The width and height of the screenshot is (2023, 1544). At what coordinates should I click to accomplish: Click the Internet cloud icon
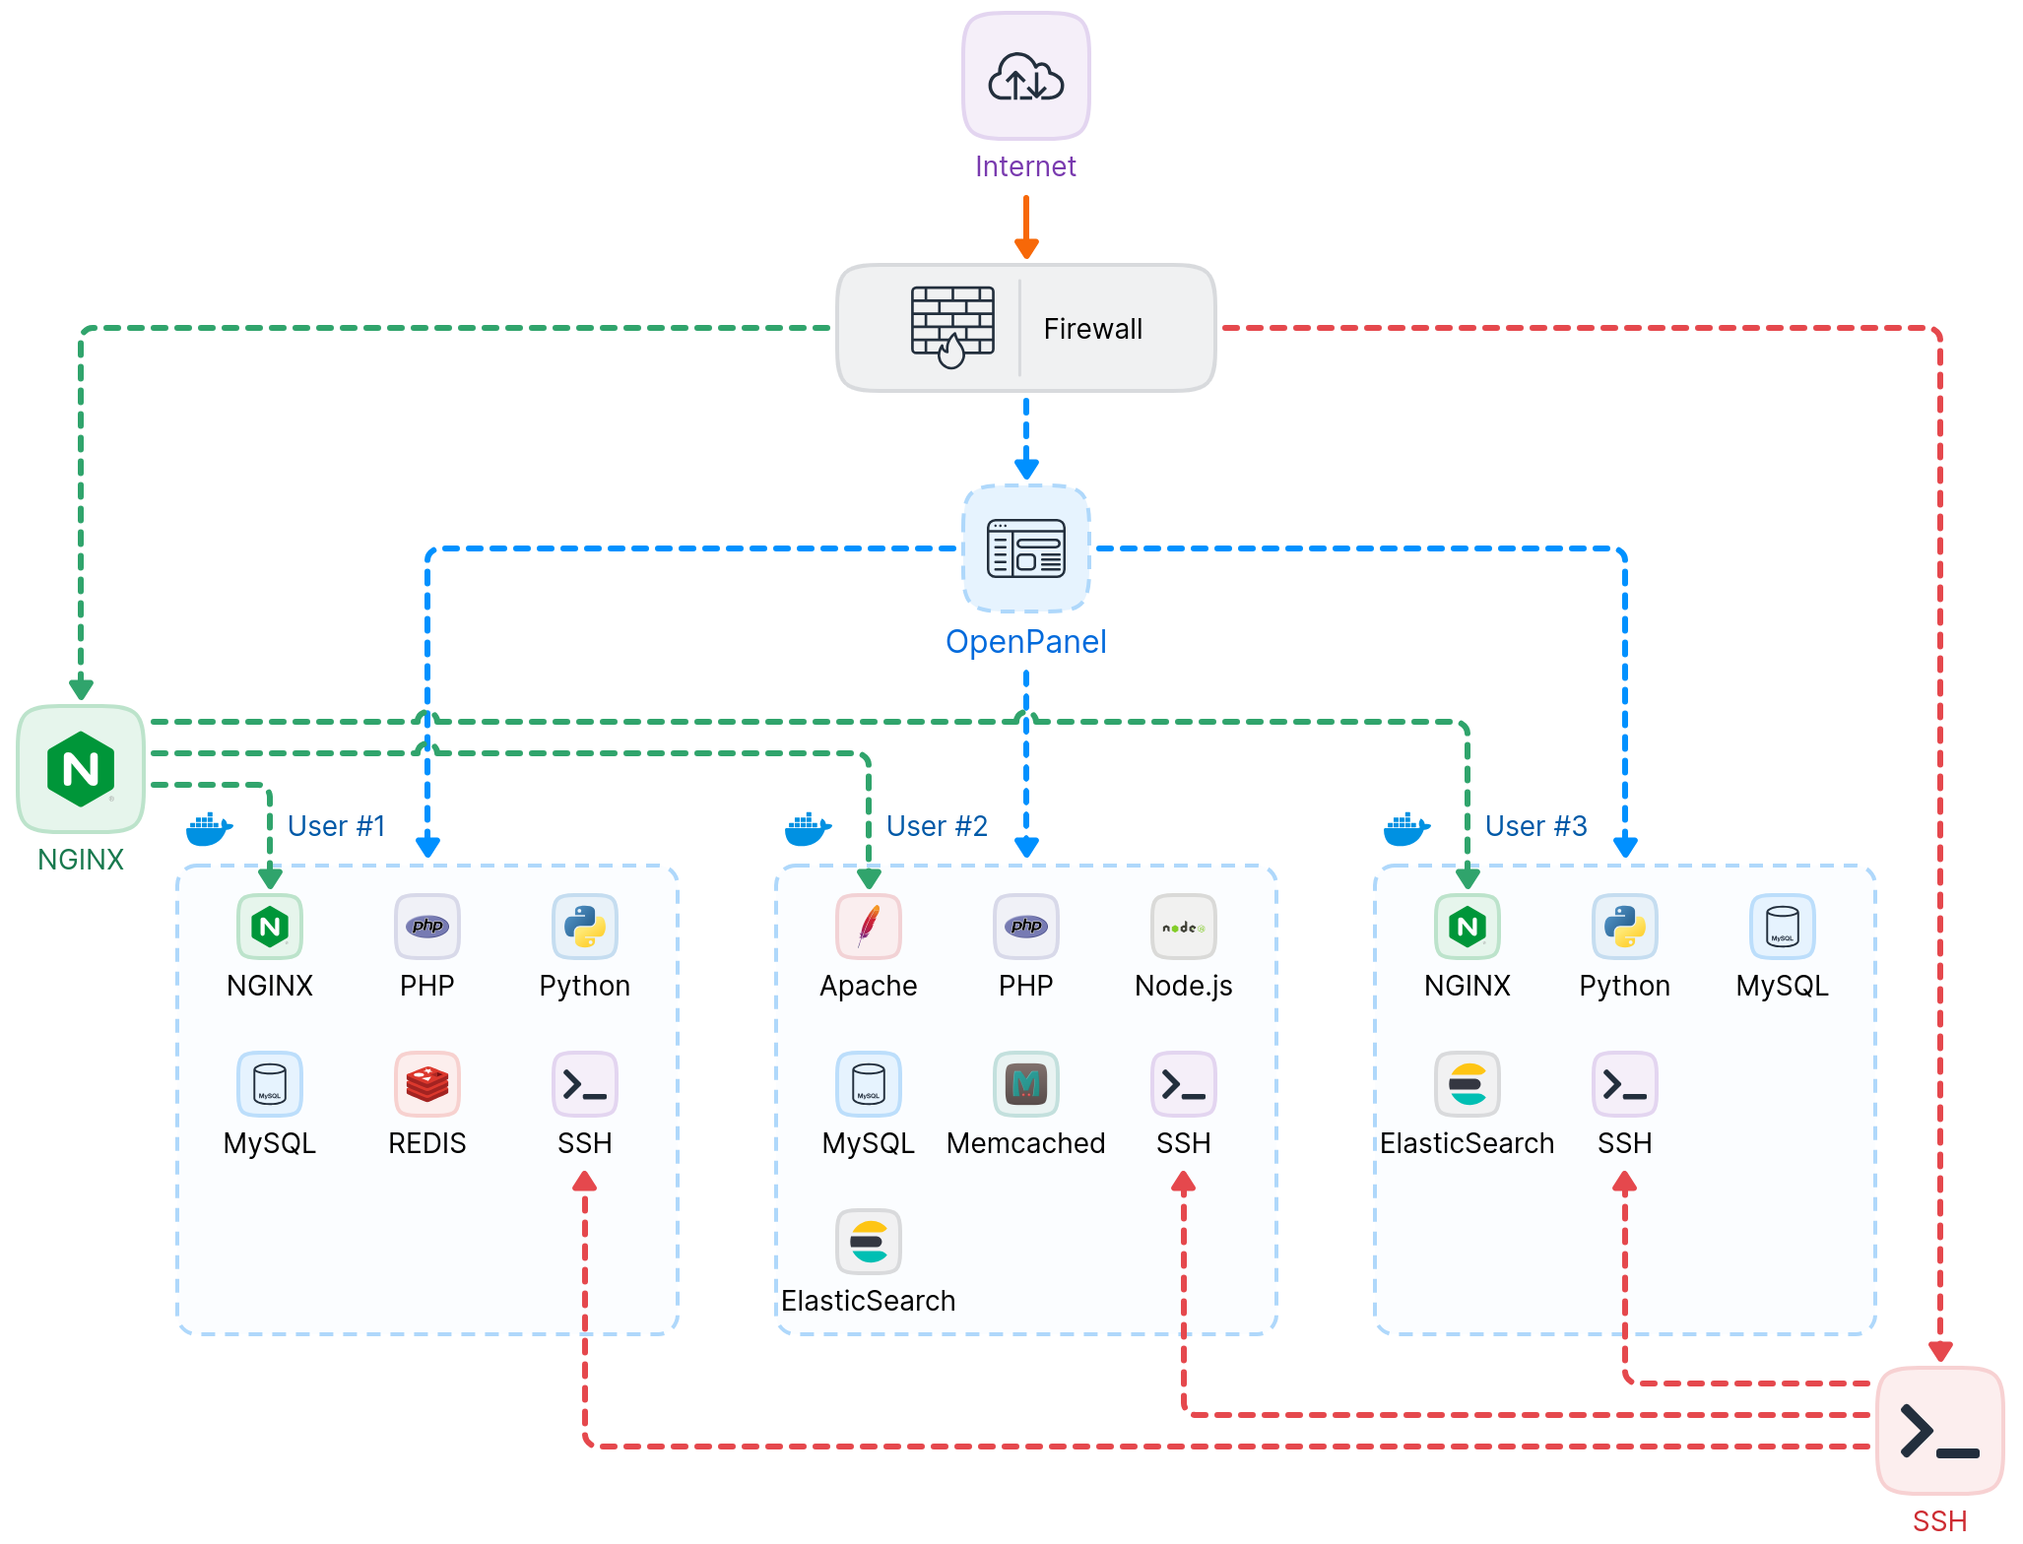(x=1025, y=77)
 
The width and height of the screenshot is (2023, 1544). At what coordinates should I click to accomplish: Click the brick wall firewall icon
(x=951, y=328)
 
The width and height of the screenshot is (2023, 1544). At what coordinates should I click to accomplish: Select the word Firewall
(x=1092, y=329)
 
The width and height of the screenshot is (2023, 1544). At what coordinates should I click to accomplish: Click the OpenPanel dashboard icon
(x=1025, y=548)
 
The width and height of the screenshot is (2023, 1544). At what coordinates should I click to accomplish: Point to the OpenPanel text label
(x=1025, y=642)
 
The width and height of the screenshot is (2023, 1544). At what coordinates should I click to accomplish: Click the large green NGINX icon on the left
(x=81, y=769)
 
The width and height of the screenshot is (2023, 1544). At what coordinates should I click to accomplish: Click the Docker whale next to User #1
(x=209, y=829)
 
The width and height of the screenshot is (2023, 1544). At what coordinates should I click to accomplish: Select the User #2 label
(x=936, y=826)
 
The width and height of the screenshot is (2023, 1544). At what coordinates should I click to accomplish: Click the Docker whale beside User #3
(x=1406, y=829)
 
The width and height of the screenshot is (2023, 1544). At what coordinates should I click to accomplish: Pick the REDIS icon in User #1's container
(x=426, y=1084)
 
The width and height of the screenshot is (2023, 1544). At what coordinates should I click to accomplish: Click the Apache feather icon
(x=868, y=927)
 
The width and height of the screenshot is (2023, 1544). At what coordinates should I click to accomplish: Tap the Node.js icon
(x=1183, y=927)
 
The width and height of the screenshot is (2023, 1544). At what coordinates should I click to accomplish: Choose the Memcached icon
(x=1025, y=1084)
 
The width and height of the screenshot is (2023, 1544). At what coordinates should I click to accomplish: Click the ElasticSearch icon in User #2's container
(x=868, y=1242)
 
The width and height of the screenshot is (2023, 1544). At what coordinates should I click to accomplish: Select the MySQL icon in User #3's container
(x=1782, y=927)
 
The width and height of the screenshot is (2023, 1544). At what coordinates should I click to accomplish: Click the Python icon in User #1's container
(x=584, y=927)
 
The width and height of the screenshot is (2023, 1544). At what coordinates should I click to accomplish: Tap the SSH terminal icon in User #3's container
(x=1624, y=1084)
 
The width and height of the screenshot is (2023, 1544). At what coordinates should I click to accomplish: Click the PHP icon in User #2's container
(x=1025, y=927)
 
